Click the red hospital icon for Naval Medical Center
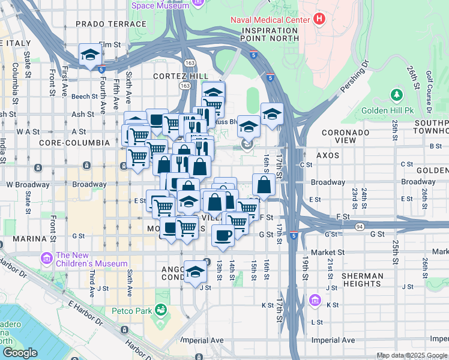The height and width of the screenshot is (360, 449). [x=319, y=19]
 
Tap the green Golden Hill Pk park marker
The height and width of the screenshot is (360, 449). [x=396, y=95]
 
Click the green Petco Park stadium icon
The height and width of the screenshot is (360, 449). [x=160, y=310]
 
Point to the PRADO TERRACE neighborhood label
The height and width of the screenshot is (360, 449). [x=111, y=24]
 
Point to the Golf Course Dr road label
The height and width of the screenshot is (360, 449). [x=429, y=92]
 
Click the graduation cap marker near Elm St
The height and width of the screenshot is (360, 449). [x=90, y=55]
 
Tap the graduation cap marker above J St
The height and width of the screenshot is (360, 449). [x=195, y=271]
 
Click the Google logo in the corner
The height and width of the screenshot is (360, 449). [x=19, y=353]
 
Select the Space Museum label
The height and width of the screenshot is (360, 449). [x=160, y=5]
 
